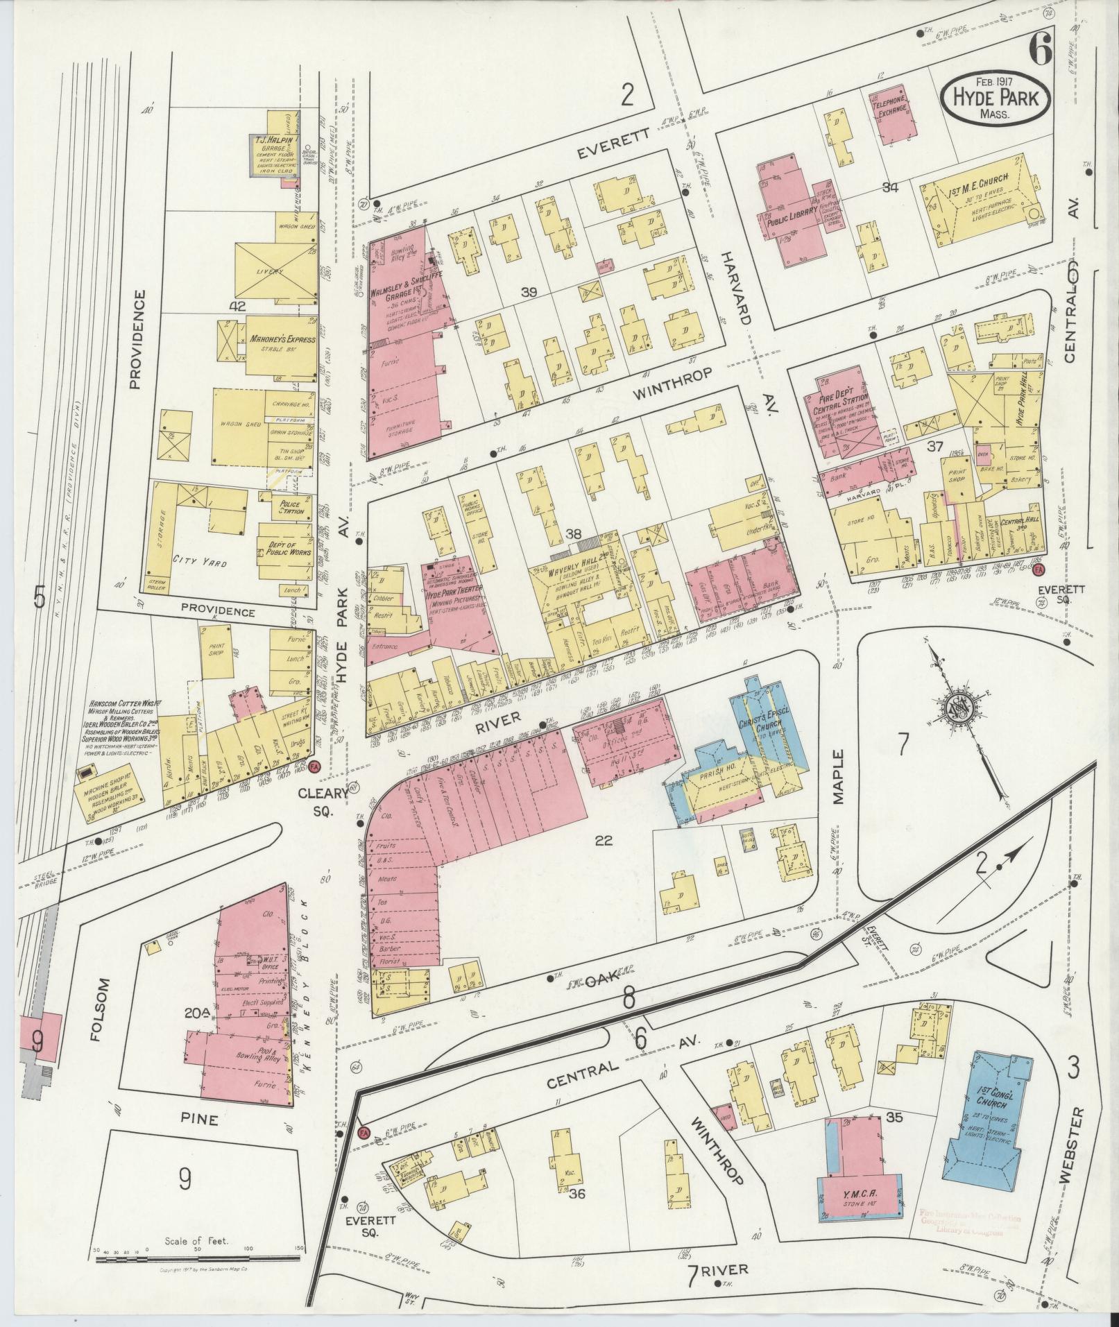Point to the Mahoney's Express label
click(x=282, y=340)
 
